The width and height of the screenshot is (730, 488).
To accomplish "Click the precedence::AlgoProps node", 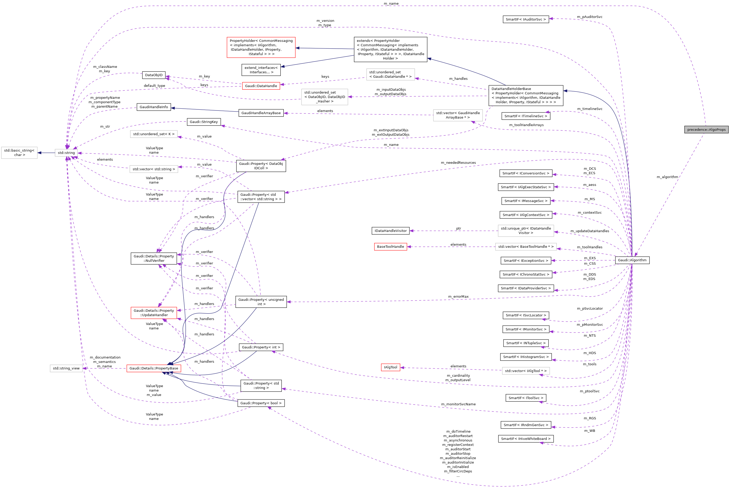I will [x=706, y=129].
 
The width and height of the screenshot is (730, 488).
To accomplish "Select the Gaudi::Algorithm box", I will [x=632, y=260].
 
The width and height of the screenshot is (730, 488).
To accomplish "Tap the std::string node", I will [x=66, y=153].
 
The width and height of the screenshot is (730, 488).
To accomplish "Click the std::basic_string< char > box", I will [x=19, y=153].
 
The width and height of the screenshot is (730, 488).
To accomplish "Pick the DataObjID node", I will [x=153, y=75].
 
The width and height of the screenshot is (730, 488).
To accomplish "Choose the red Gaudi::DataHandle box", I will [x=261, y=86].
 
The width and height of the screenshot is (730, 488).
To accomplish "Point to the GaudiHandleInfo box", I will [x=153, y=107].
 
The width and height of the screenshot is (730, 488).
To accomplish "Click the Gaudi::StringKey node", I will [x=204, y=122].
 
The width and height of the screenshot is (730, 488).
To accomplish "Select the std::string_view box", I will [x=66, y=368].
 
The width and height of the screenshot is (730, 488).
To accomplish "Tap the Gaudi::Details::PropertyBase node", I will [x=153, y=368].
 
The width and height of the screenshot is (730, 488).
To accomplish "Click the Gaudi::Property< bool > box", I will [x=261, y=403].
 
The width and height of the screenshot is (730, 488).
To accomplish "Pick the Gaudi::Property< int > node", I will [x=261, y=347].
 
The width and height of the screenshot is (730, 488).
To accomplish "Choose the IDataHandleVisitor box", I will [x=391, y=231].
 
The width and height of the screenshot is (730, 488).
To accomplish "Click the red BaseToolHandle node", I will [x=391, y=246].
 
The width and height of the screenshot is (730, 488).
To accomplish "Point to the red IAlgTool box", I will [x=391, y=367].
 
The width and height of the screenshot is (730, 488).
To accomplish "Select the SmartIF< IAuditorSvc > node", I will [x=525, y=19].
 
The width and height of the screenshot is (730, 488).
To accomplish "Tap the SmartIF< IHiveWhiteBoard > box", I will [x=525, y=439].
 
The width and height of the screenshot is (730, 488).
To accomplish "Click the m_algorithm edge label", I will [x=667, y=177].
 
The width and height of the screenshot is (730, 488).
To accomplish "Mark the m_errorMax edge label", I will [x=458, y=297].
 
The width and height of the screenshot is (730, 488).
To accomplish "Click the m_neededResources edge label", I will [x=458, y=162].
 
